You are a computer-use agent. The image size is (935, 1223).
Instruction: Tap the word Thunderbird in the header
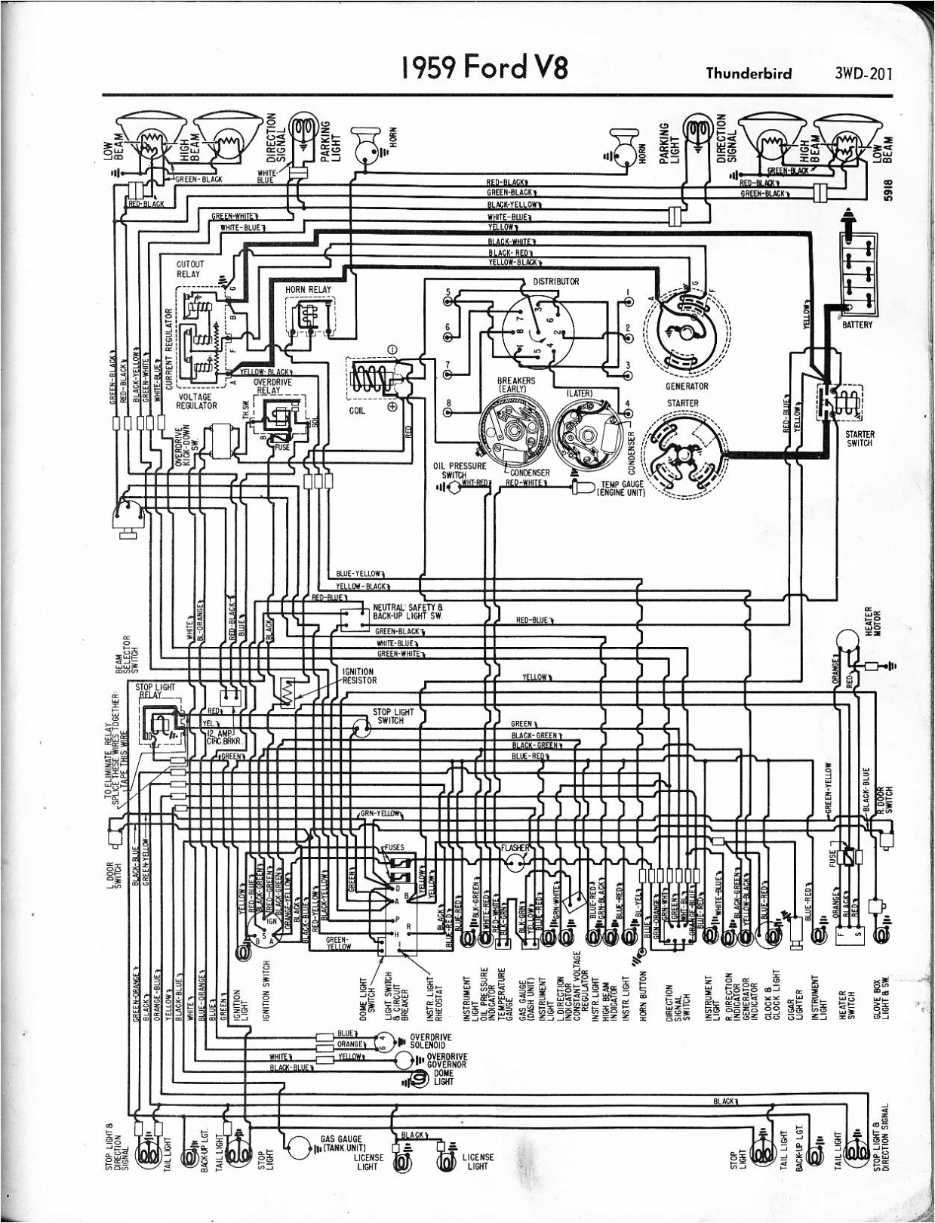[749, 73]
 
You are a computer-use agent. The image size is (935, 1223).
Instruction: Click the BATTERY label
[857, 325]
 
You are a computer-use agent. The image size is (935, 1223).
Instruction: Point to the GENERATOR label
[687, 386]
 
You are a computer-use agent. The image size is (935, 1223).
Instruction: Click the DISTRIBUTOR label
[555, 282]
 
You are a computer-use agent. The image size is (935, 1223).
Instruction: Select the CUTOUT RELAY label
[189, 270]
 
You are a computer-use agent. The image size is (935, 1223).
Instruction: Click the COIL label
[358, 411]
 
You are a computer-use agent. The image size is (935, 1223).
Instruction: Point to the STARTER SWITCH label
[860, 439]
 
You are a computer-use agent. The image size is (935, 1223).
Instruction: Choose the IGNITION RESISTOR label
[358, 676]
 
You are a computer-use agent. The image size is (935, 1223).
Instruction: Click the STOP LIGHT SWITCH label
[393, 716]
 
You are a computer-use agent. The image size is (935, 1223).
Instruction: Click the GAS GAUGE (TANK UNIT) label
[341, 1143]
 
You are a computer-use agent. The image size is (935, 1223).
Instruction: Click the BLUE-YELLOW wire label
[361, 574]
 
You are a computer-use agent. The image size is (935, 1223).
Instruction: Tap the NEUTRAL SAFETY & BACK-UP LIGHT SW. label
[408, 611]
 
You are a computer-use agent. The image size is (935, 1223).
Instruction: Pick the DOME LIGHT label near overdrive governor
[443, 1077]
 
